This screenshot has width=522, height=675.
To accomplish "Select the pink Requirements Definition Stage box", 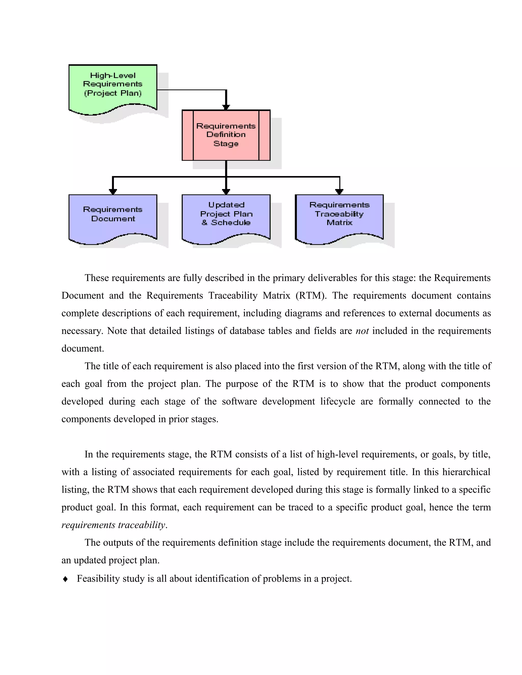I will click(x=226, y=135).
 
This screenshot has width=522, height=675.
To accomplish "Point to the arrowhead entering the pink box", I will click(x=226, y=107).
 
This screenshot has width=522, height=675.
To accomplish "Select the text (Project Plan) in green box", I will click(x=113, y=93).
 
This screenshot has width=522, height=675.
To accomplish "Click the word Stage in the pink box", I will click(x=226, y=144).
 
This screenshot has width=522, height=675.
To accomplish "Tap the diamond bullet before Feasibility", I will click(x=65, y=579).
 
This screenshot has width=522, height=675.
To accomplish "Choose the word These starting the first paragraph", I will click(x=97, y=278).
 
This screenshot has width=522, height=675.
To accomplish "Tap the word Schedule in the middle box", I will click(x=230, y=223).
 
